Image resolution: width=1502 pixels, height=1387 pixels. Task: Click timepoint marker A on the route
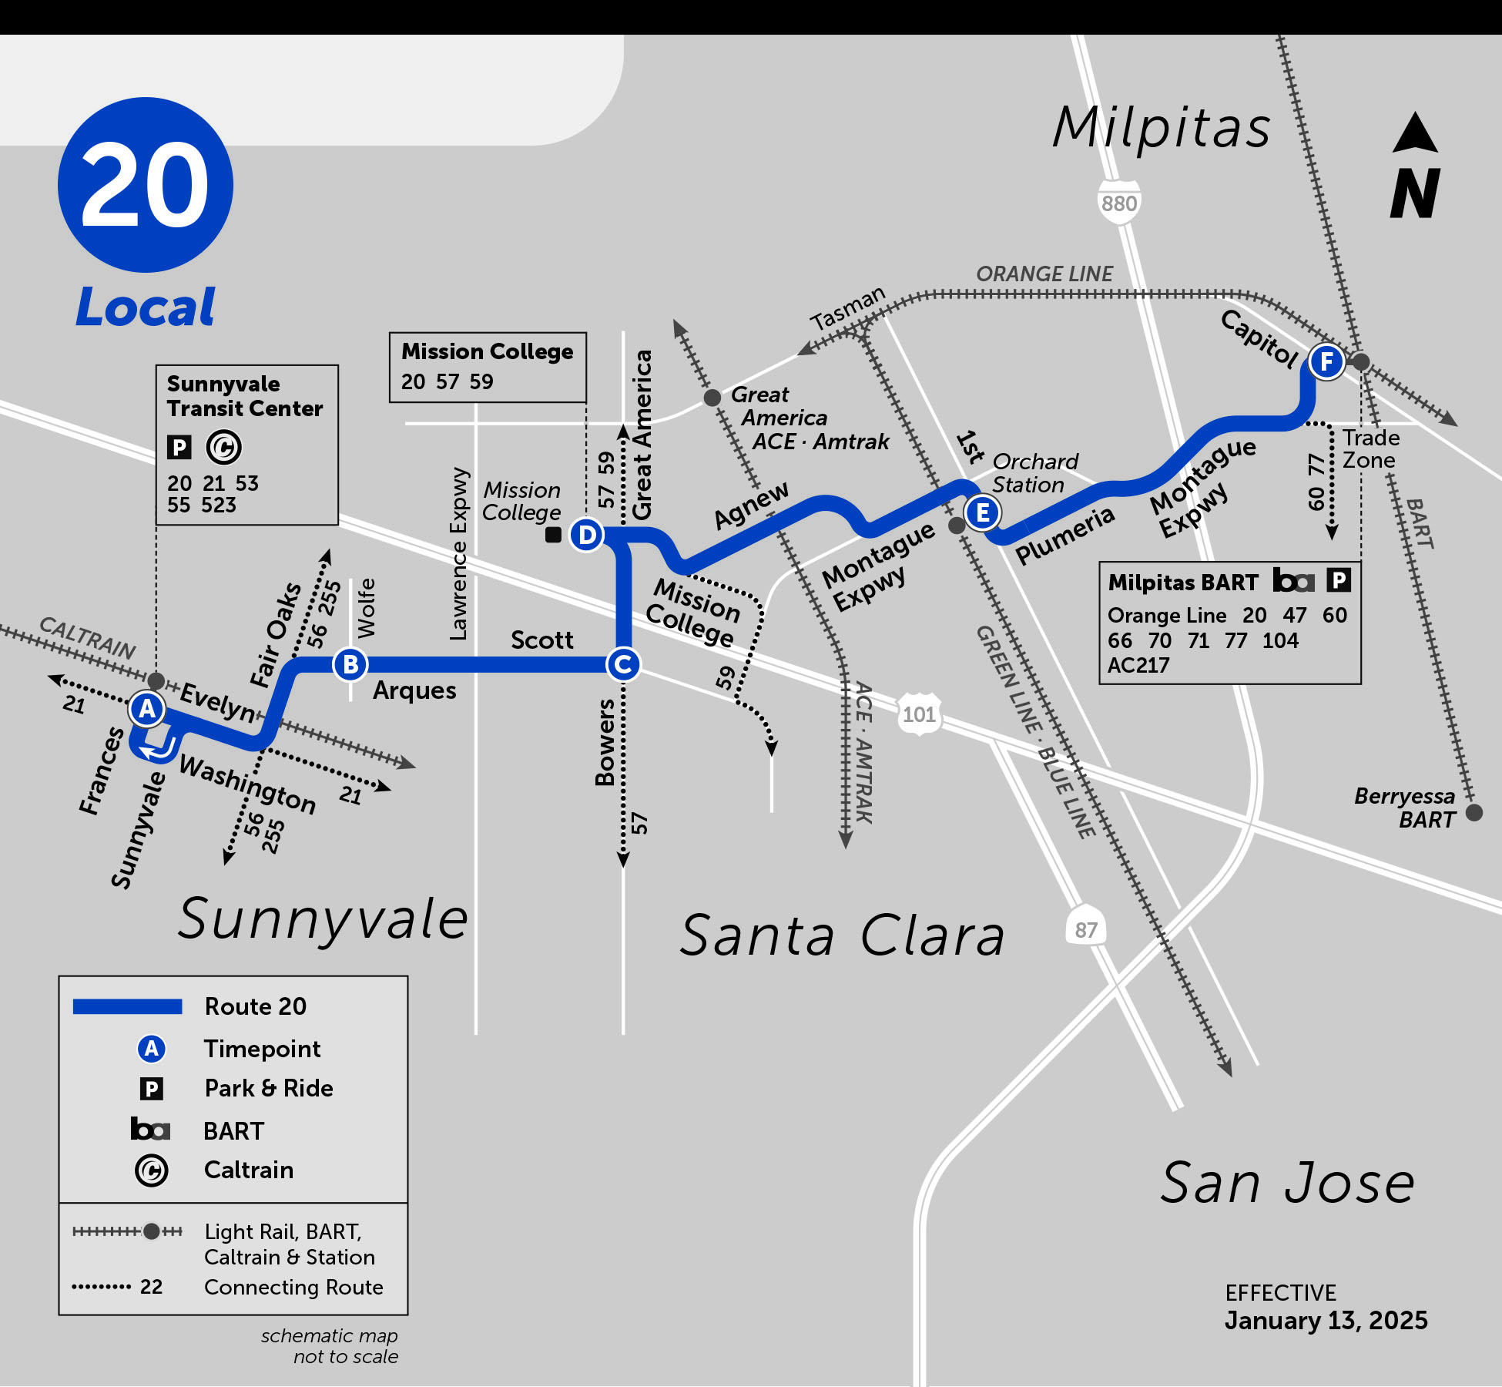(147, 708)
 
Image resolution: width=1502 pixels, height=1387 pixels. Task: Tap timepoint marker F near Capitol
(1326, 361)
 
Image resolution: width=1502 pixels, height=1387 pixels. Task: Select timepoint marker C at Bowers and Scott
(623, 664)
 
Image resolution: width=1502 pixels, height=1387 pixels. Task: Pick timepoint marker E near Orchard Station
(983, 512)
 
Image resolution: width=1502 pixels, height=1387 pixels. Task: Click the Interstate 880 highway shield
(1118, 203)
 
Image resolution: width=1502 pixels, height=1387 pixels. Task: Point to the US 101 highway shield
(919, 714)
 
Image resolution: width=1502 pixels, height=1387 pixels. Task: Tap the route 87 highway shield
(1085, 929)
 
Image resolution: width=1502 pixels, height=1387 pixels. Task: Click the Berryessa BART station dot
(1474, 812)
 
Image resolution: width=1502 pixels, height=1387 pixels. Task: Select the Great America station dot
(712, 398)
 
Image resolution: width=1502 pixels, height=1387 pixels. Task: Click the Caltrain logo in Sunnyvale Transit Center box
(224, 447)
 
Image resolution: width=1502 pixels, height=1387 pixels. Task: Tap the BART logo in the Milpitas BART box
(1292, 580)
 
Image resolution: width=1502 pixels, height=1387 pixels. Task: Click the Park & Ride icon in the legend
(152, 1089)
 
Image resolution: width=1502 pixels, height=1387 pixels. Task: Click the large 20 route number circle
(146, 185)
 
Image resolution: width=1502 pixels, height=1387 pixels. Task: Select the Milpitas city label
(1161, 127)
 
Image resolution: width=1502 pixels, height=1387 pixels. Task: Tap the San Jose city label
(1286, 1183)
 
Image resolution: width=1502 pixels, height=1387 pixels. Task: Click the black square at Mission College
(553, 535)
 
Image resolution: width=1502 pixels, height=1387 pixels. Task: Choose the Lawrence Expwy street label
(459, 553)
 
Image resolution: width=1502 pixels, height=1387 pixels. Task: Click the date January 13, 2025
(1326, 1320)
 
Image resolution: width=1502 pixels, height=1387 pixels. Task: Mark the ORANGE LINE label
(1044, 274)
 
